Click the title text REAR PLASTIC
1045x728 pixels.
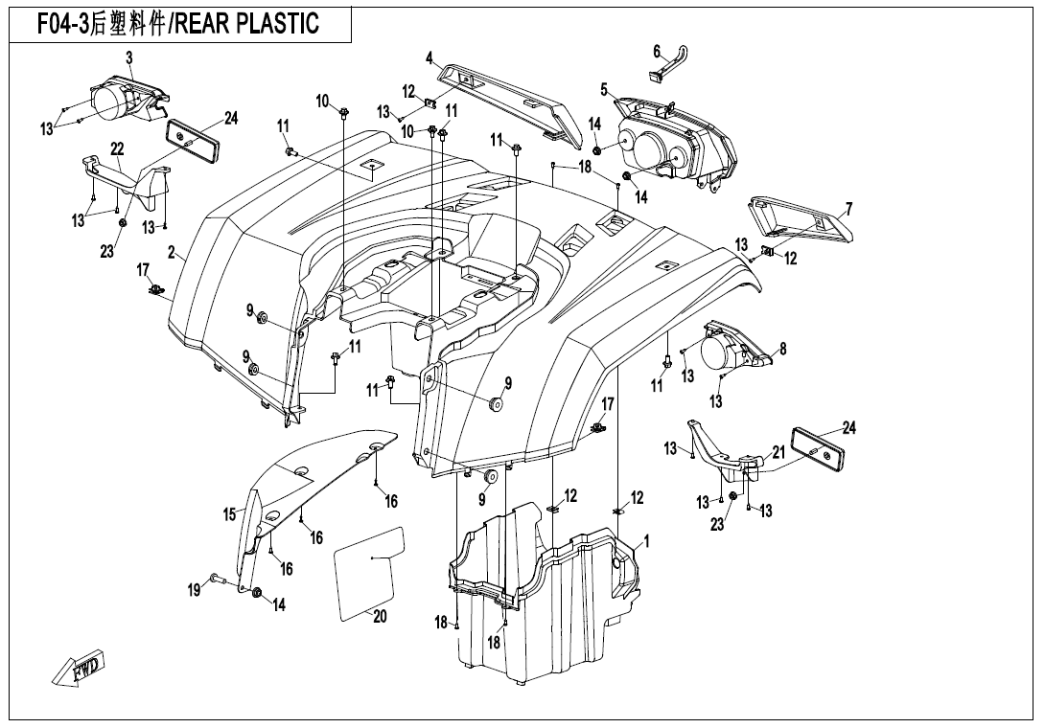tap(245, 24)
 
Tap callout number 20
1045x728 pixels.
tap(380, 617)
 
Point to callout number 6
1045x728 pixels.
tap(657, 51)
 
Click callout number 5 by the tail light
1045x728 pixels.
tap(604, 90)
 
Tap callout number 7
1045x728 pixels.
tap(848, 209)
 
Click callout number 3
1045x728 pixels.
tap(128, 57)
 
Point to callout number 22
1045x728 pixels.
tap(117, 148)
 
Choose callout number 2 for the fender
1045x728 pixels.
tap(171, 253)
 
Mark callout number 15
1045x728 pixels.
tap(230, 514)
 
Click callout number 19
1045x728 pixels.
tap(194, 590)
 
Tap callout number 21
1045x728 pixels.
tap(778, 451)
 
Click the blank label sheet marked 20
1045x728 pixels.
tap(367, 568)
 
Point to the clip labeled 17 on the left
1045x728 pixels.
tap(154, 289)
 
